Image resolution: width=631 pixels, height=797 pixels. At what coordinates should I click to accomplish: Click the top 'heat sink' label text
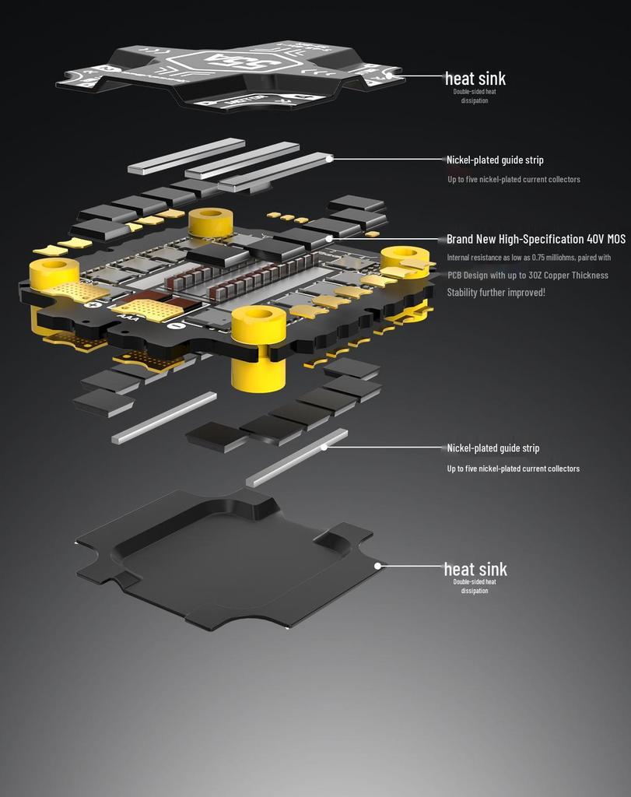475,78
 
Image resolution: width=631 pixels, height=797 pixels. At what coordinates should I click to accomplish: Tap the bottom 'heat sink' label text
475,569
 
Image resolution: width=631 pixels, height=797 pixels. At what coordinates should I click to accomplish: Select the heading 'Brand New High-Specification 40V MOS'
536,239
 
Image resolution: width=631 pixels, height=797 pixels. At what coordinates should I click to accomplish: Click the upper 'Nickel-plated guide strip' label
495,160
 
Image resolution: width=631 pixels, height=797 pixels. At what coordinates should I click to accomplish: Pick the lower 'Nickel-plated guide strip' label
493,448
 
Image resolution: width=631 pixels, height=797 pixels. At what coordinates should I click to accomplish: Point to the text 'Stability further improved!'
496,292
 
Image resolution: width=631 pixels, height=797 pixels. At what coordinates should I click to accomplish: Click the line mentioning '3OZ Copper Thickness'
528,275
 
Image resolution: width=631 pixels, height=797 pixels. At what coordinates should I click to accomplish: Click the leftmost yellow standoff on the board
54,274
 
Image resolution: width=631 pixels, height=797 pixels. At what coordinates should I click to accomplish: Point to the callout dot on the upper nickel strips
330,158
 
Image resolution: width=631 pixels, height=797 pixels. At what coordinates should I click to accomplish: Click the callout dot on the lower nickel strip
324,447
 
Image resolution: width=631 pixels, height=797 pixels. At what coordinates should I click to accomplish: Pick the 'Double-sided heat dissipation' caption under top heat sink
475,96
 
